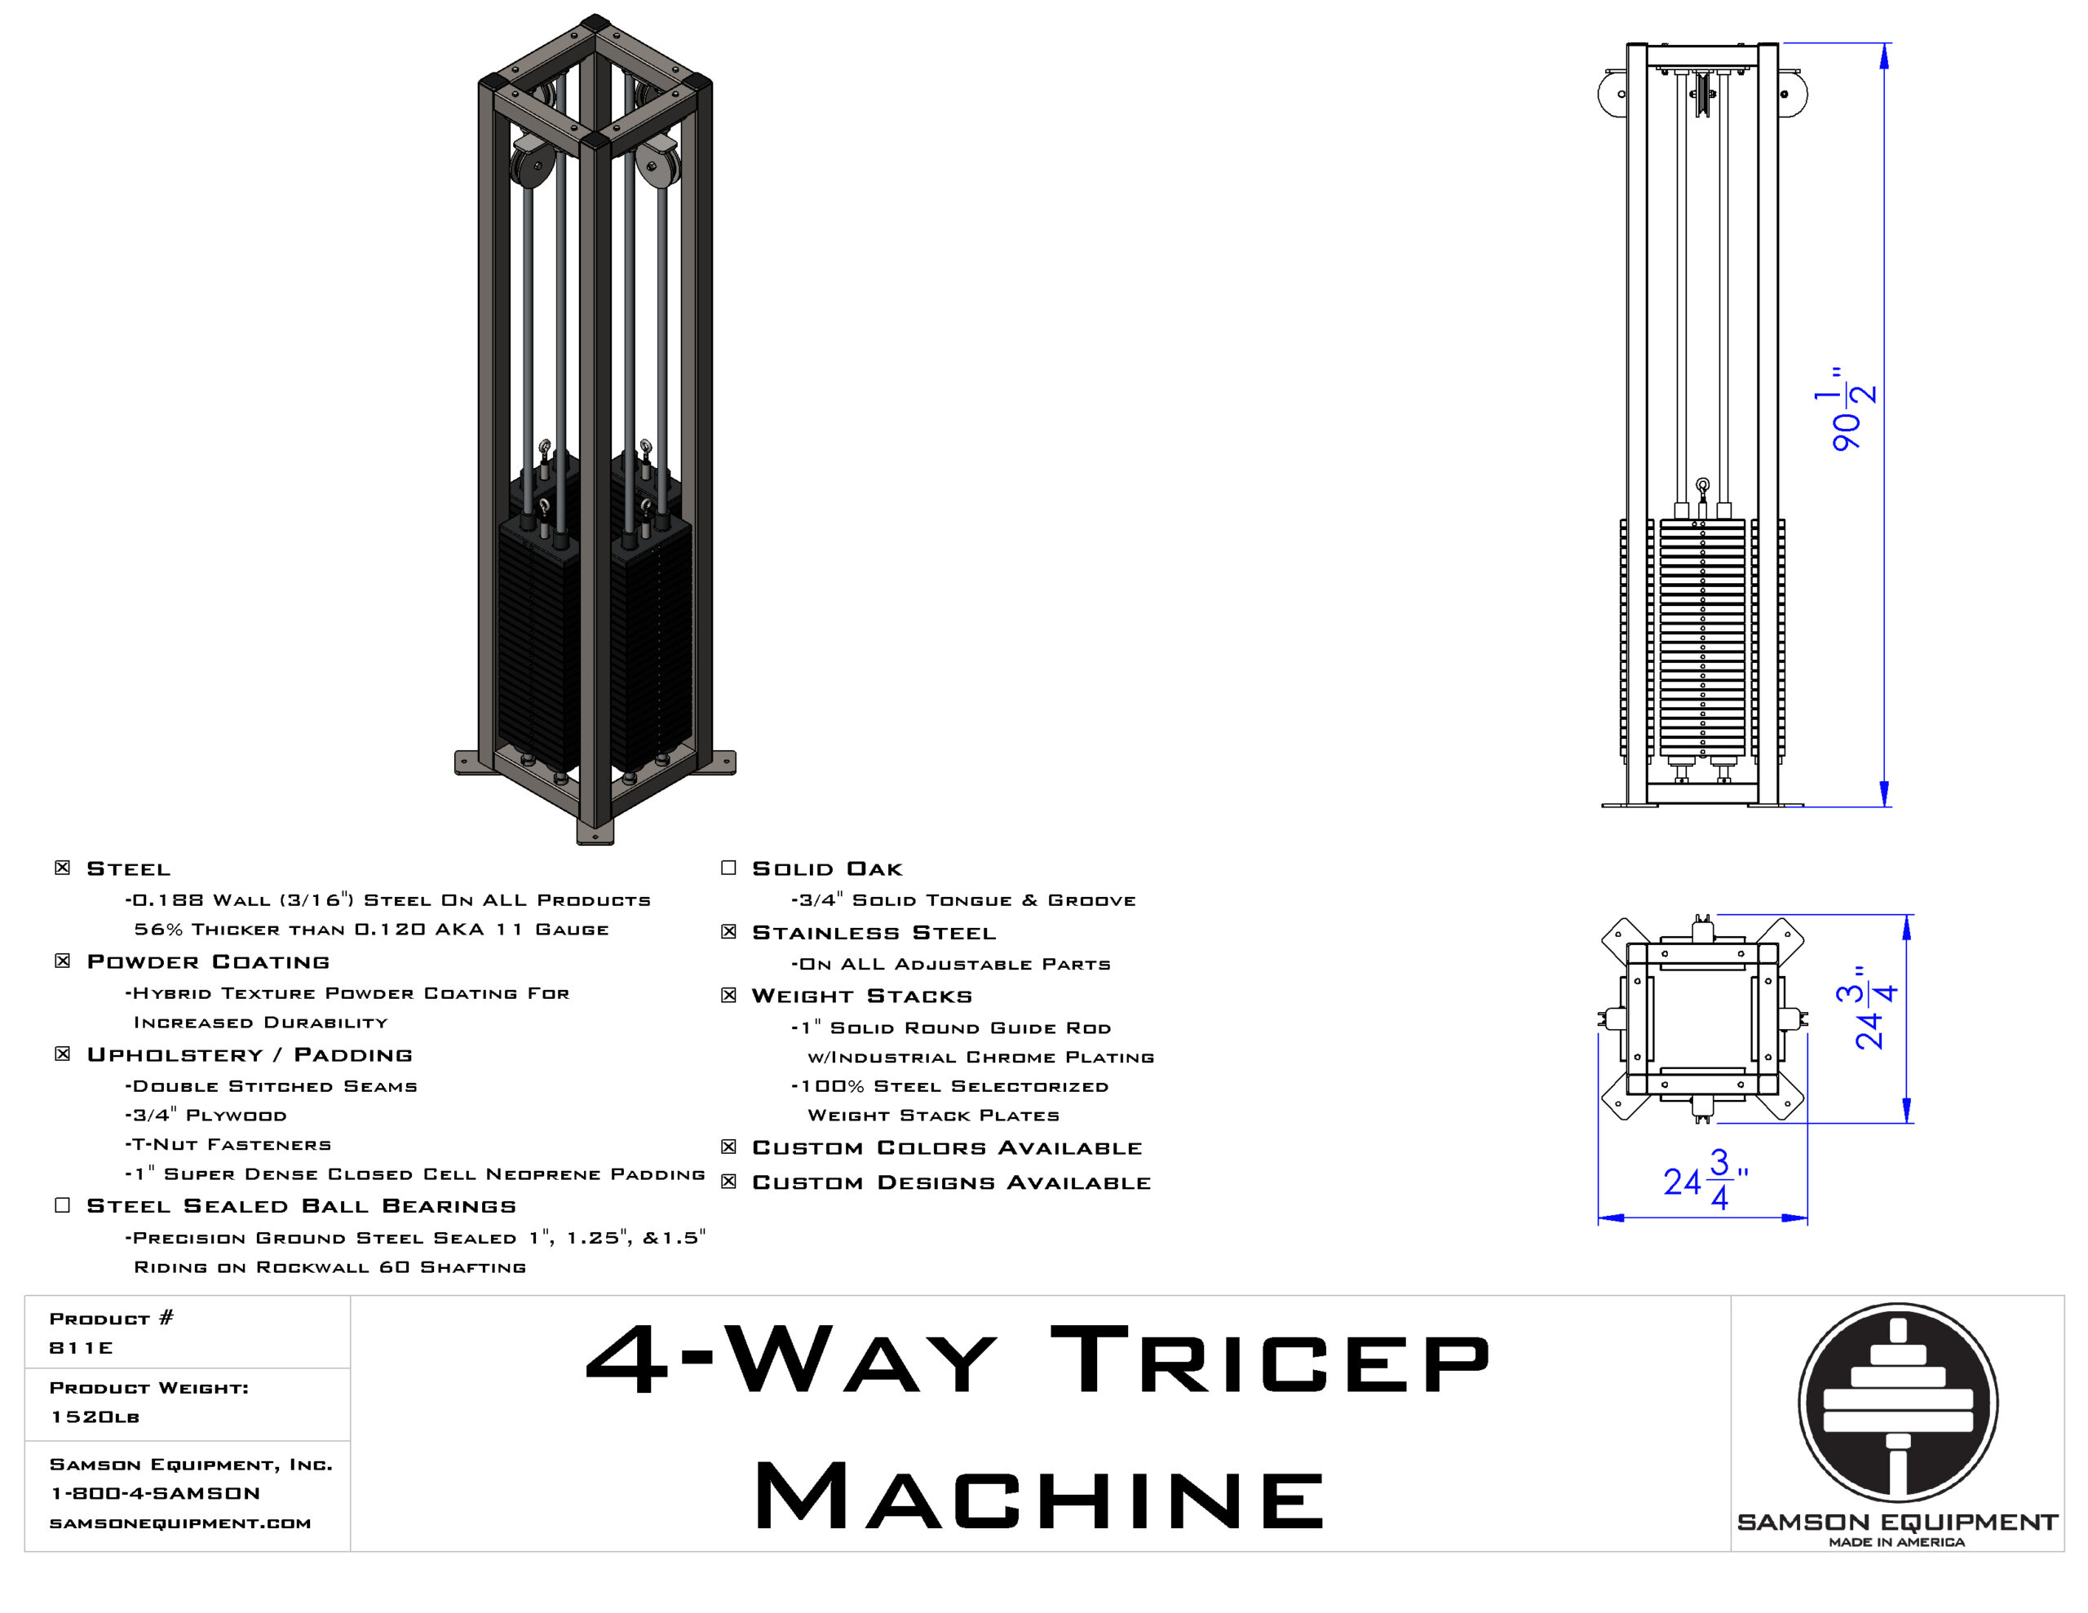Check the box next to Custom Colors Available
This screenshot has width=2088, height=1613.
click(x=728, y=1147)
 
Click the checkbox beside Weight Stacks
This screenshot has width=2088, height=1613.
click(x=728, y=996)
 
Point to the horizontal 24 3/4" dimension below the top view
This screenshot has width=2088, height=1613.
click(x=1705, y=1181)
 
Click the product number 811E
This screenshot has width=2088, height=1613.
click(x=82, y=1348)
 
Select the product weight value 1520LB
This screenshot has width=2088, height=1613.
click(x=95, y=1417)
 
